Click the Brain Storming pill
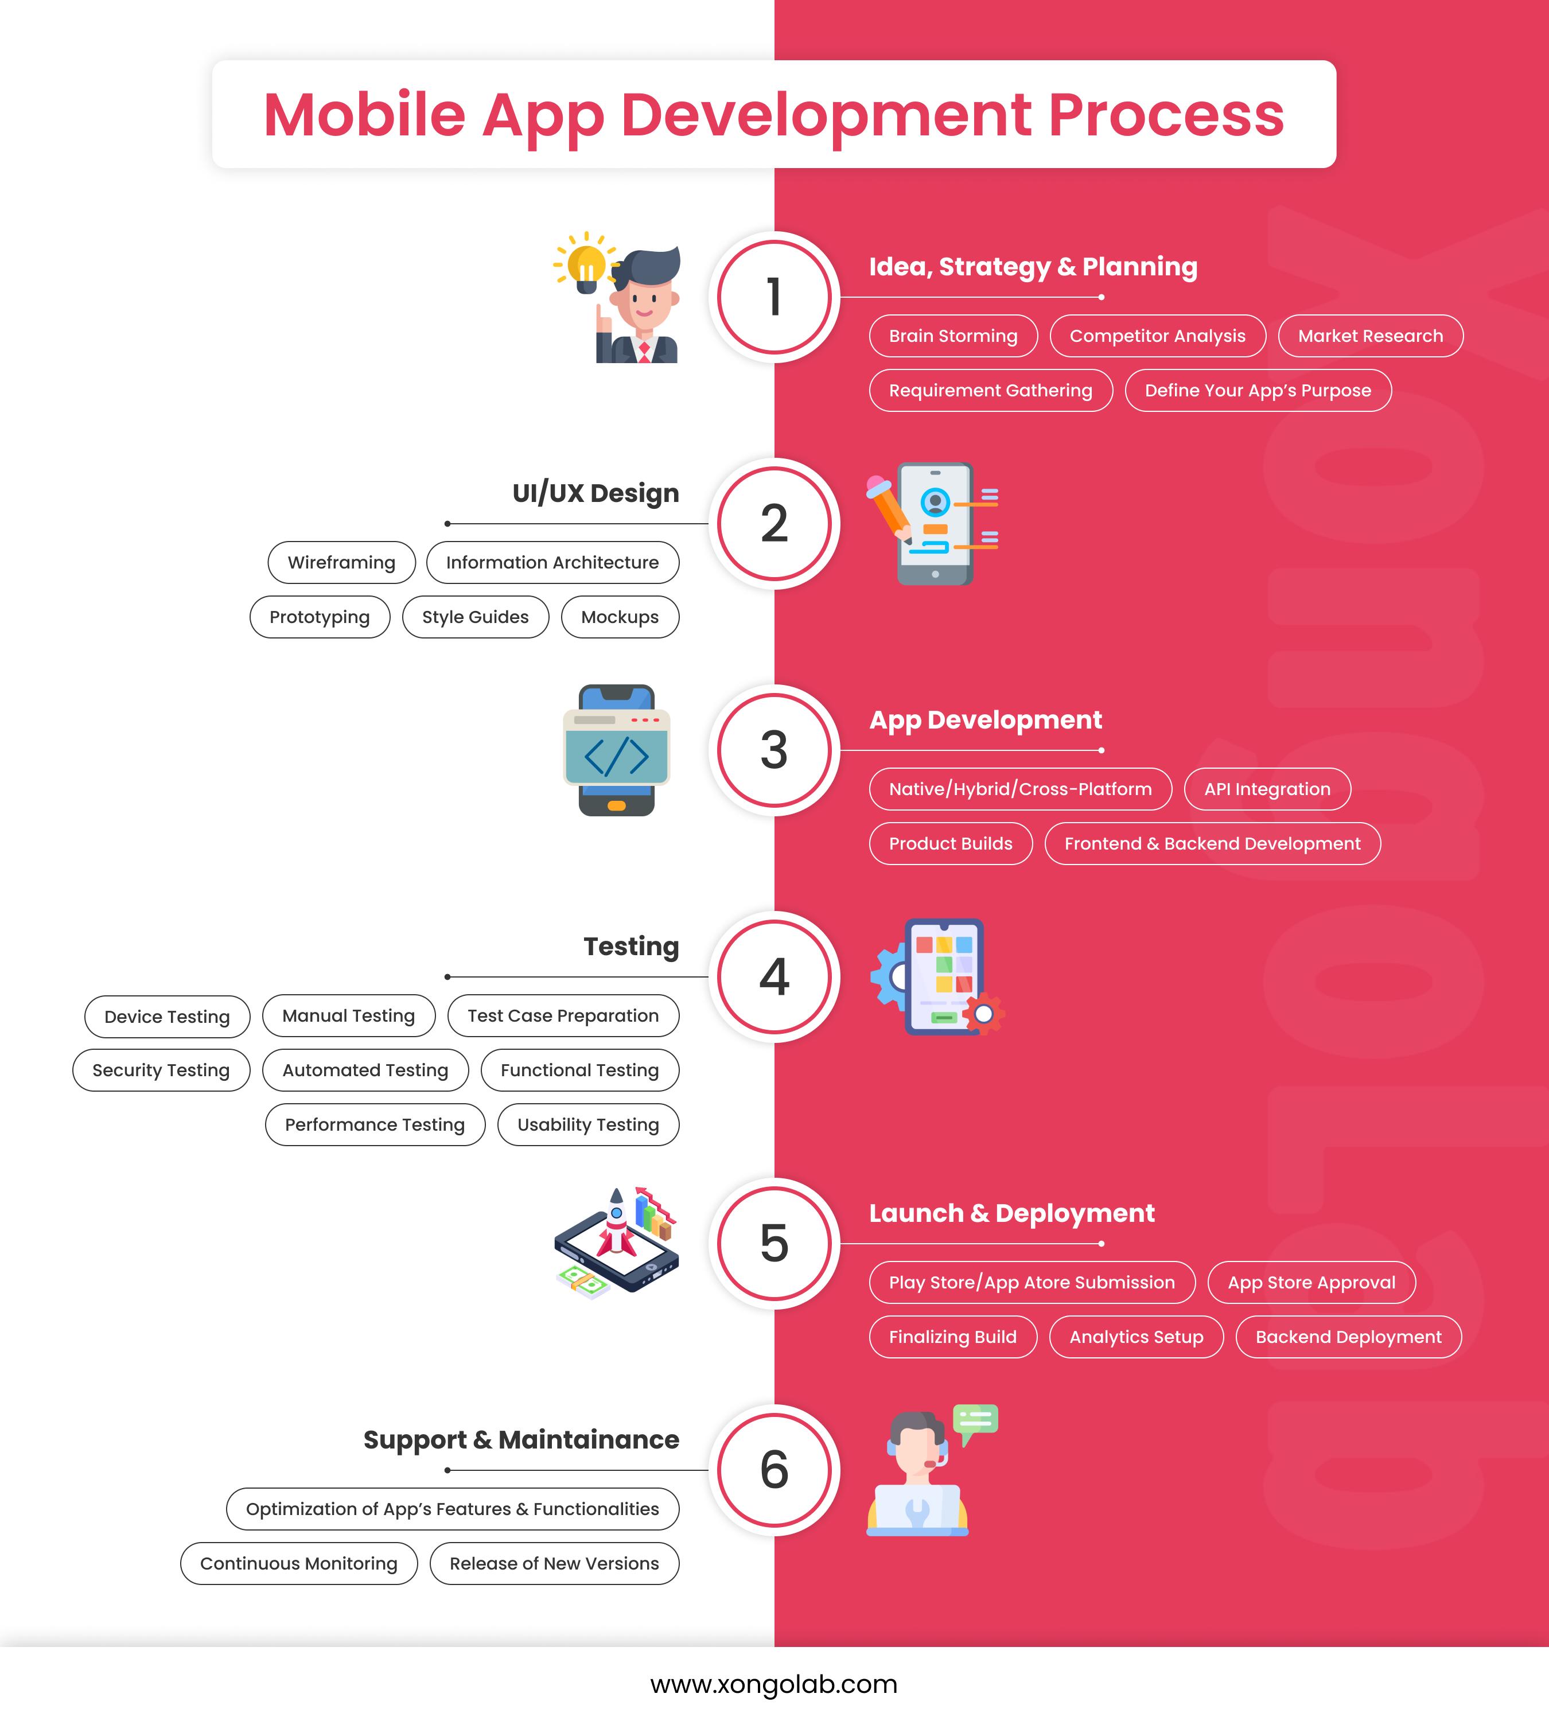953,336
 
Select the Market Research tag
1370,336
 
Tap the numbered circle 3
774,750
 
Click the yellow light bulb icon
586,264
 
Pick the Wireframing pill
341,563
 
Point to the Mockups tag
620,617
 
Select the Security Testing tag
161,1070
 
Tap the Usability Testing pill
588,1124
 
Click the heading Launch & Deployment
1011,1213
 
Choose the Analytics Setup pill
1136,1337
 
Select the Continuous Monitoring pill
299,1564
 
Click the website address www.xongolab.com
774,1684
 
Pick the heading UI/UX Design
595,493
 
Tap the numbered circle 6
774,1470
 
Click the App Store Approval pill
1311,1283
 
